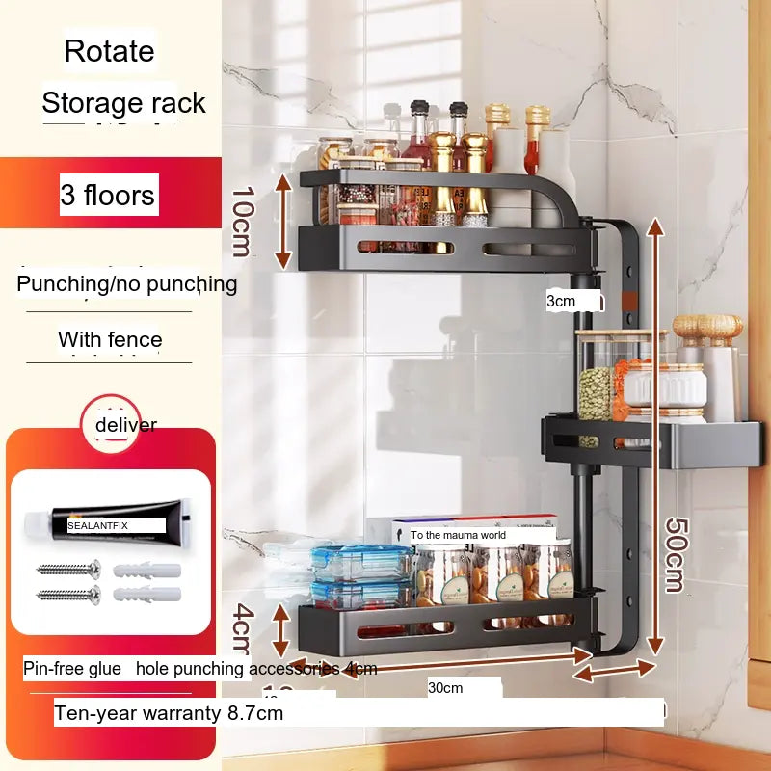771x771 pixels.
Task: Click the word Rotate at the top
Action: click(109, 50)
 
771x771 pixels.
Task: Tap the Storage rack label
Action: click(123, 103)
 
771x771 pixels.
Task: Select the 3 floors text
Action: click(107, 196)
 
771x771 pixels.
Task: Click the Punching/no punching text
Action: click(126, 283)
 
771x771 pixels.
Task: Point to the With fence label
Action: click(110, 339)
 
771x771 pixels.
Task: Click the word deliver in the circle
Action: click(125, 424)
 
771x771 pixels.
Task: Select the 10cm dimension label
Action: click(242, 221)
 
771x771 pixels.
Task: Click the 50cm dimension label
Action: click(675, 553)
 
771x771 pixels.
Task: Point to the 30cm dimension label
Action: click(445, 687)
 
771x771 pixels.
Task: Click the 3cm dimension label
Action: click(561, 301)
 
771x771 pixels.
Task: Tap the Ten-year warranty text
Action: click(169, 713)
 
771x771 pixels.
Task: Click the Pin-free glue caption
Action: click(72, 668)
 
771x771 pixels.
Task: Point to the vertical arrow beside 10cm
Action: click(282, 221)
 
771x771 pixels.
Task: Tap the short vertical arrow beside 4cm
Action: click(280, 630)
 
